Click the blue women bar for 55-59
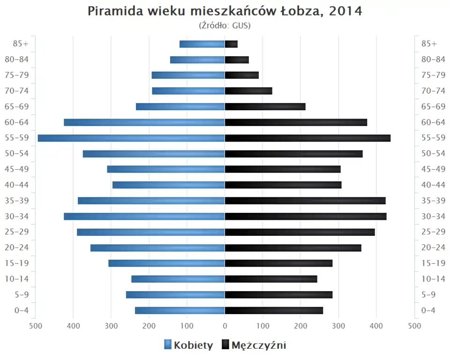click(x=131, y=138)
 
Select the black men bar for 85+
click(x=231, y=44)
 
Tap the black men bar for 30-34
click(x=306, y=216)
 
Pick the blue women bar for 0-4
click(x=180, y=310)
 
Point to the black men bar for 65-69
click(x=265, y=106)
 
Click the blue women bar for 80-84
click(x=197, y=60)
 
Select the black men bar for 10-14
click(x=271, y=279)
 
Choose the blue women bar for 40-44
click(x=169, y=185)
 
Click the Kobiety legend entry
click(x=188, y=345)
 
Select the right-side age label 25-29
click(x=433, y=232)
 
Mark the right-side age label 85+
click(x=429, y=44)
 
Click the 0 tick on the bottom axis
click(x=225, y=325)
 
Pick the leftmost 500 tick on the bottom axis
click(x=36, y=325)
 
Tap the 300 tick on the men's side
click(x=338, y=325)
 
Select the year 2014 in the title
click(x=345, y=11)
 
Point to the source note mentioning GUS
click(x=225, y=25)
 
